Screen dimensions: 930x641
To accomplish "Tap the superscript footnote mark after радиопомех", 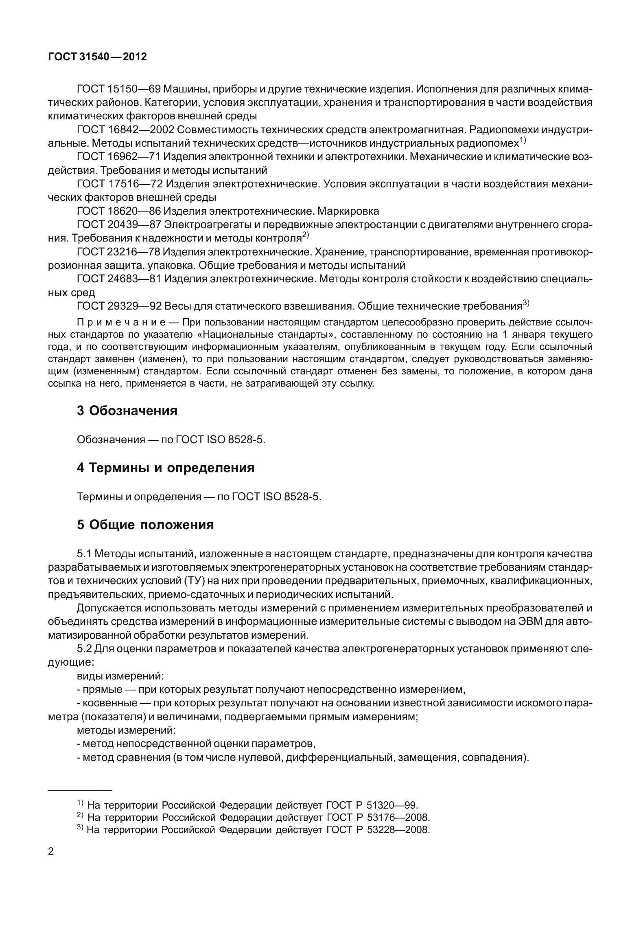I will (523, 140).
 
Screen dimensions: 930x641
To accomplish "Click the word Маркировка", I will (348, 211).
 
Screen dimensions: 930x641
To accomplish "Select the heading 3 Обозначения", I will (127, 411).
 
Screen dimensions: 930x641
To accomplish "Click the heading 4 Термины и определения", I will (165, 468).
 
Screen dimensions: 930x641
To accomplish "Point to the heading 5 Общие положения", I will (145, 525).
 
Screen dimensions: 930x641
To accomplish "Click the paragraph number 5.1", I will (84, 554).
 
